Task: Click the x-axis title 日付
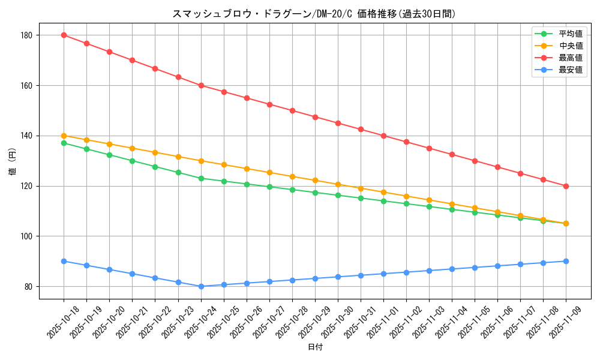pyautogui.click(x=315, y=347)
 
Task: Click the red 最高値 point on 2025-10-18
pyautogui.click(x=64, y=35)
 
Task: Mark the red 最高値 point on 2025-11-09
pyautogui.click(x=566, y=186)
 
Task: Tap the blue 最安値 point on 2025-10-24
pyautogui.click(x=201, y=286)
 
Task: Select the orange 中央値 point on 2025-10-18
pyautogui.click(x=64, y=136)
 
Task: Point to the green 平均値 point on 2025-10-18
pyautogui.click(x=64, y=143)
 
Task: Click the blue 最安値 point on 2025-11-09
pyautogui.click(x=566, y=261)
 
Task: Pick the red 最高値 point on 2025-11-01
pyautogui.click(x=383, y=136)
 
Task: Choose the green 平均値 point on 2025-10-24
pyautogui.click(x=201, y=178)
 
